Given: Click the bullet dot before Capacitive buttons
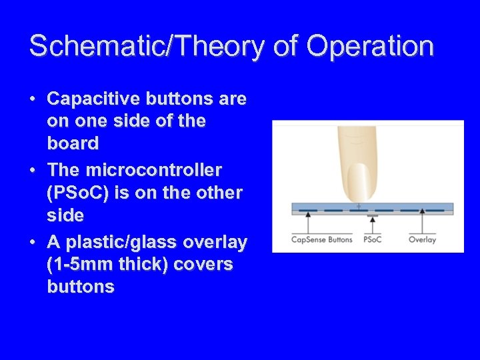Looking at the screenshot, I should click(33, 100).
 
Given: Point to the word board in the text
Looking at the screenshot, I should click(73, 143).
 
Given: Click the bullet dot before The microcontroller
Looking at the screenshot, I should click(33, 169).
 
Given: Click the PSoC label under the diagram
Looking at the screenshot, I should click(372, 239).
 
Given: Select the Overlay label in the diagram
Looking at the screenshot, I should click(421, 239).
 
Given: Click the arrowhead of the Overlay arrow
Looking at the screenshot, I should click(421, 211).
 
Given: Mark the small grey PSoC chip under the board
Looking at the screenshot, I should click(372, 215).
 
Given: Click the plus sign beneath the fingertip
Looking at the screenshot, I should click(359, 207).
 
